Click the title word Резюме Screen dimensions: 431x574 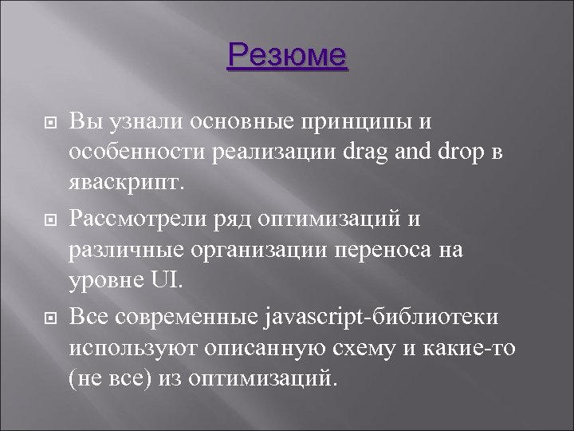(x=287, y=57)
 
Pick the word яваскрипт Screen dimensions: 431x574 (x=127, y=181)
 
